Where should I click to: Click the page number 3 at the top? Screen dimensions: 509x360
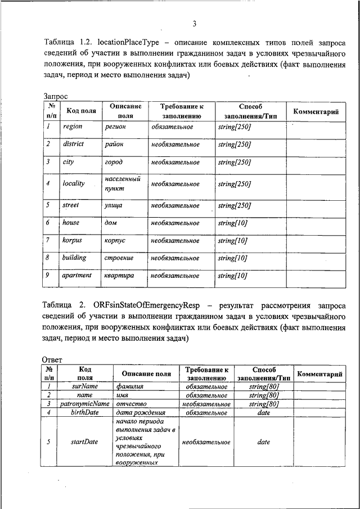coord(193,23)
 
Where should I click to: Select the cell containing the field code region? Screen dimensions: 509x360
coord(73,127)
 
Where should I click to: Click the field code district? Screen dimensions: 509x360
coord(73,144)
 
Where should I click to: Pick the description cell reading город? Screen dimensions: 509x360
coord(114,162)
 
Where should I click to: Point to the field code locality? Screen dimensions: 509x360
coord(73,183)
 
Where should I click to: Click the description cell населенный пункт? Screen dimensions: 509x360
coord(122,183)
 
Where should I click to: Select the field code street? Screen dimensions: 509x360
coord(70,205)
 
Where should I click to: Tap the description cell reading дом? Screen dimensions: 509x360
coord(111,223)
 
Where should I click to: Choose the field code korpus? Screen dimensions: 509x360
coord(71,240)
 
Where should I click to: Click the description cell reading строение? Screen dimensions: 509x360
coord(119,258)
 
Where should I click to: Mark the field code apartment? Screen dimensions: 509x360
coord(76,276)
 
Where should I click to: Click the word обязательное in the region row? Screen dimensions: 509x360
coord(172,127)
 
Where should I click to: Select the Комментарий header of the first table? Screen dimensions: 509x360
coord(316,112)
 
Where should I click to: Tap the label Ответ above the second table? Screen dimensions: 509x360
coord(52,359)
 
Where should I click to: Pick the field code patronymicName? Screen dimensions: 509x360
coord(85,404)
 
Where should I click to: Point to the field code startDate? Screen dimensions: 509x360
coord(84,442)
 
